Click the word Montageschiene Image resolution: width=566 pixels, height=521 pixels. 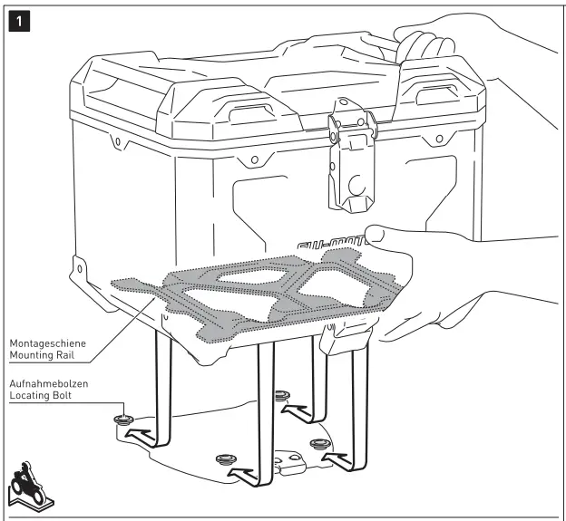pyautogui.click(x=46, y=344)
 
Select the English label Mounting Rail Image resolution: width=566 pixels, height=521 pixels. pyautogui.click(x=42, y=356)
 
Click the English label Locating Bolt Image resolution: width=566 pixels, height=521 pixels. pyautogui.click(x=41, y=397)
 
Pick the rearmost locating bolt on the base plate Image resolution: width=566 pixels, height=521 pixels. pyautogui.click(x=281, y=395)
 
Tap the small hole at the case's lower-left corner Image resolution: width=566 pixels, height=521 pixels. pyautogui.click(x=81, y=270)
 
